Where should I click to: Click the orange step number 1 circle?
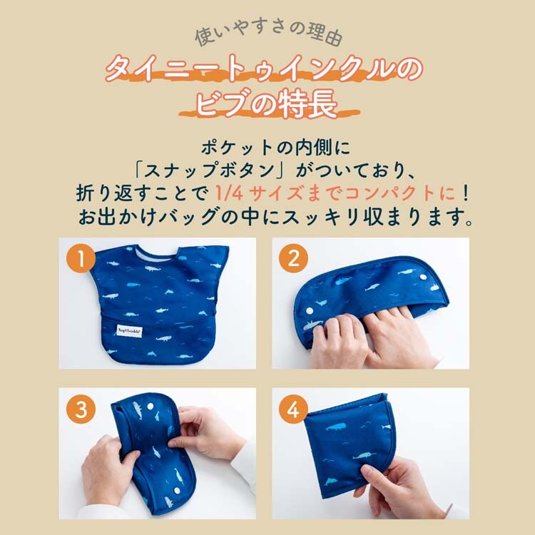81,259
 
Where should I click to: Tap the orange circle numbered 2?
293,259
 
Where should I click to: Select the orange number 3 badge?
81,409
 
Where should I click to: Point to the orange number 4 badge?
293,409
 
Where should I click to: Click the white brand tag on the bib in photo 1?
130,330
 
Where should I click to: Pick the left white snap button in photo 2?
310,311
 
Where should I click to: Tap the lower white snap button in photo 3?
176,491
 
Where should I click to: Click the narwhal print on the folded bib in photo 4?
365,456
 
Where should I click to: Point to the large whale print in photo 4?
337,427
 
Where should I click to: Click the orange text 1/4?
229,193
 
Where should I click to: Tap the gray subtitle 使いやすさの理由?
268,34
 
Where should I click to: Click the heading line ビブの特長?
267,104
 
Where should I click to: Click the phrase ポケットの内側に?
275,148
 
